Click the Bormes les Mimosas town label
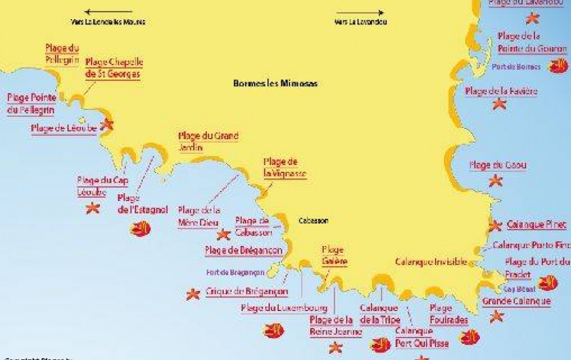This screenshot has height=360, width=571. click(x=275, y=84)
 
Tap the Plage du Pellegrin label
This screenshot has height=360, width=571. click(x=62, y=54)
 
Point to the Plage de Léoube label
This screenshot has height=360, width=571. click(x=64, y=128)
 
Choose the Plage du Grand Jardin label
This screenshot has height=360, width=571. click(x=208, y=141)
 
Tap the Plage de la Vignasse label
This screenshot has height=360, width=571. click(x=285, y=168)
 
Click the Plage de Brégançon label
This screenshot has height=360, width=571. click(x=243, y=251)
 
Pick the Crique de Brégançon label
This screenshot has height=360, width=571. click(x=247, y=292)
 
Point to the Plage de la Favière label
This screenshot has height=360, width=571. click(x=501, y=91)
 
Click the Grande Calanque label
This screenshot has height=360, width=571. click(x=516, y=300)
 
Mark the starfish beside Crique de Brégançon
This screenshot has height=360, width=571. click(x=193, y=293)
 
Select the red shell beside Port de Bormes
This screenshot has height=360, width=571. click(x=558, y=66)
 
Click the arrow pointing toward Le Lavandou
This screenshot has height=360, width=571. click(x=356, y=12)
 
